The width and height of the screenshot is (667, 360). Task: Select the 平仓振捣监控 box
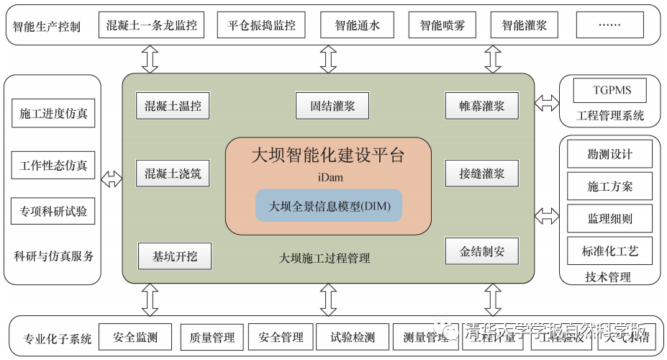[x=262, y=26]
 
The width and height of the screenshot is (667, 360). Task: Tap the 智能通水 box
[x=357, y=26]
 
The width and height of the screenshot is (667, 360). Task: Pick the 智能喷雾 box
[x=442, y=26]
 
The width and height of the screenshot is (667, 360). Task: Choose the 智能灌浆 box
[x=525, y=26]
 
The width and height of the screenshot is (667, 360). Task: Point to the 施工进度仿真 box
[x=53, y=114]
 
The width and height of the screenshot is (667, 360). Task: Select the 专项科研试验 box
[x=53, y=212]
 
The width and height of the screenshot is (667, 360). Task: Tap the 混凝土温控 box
[x=173, y=107]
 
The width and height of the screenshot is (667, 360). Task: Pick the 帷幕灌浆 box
[x=482, y=107]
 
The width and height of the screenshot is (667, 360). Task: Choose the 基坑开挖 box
[x=175, y=255]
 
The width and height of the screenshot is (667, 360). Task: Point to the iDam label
[x=328, y=176]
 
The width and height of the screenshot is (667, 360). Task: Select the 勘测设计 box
[x=609, y=154]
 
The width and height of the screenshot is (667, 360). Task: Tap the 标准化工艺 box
[x=609, y=251]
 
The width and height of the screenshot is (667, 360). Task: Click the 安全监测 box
[x=134, y=336]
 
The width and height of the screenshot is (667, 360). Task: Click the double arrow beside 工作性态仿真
[x=112, y=179]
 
